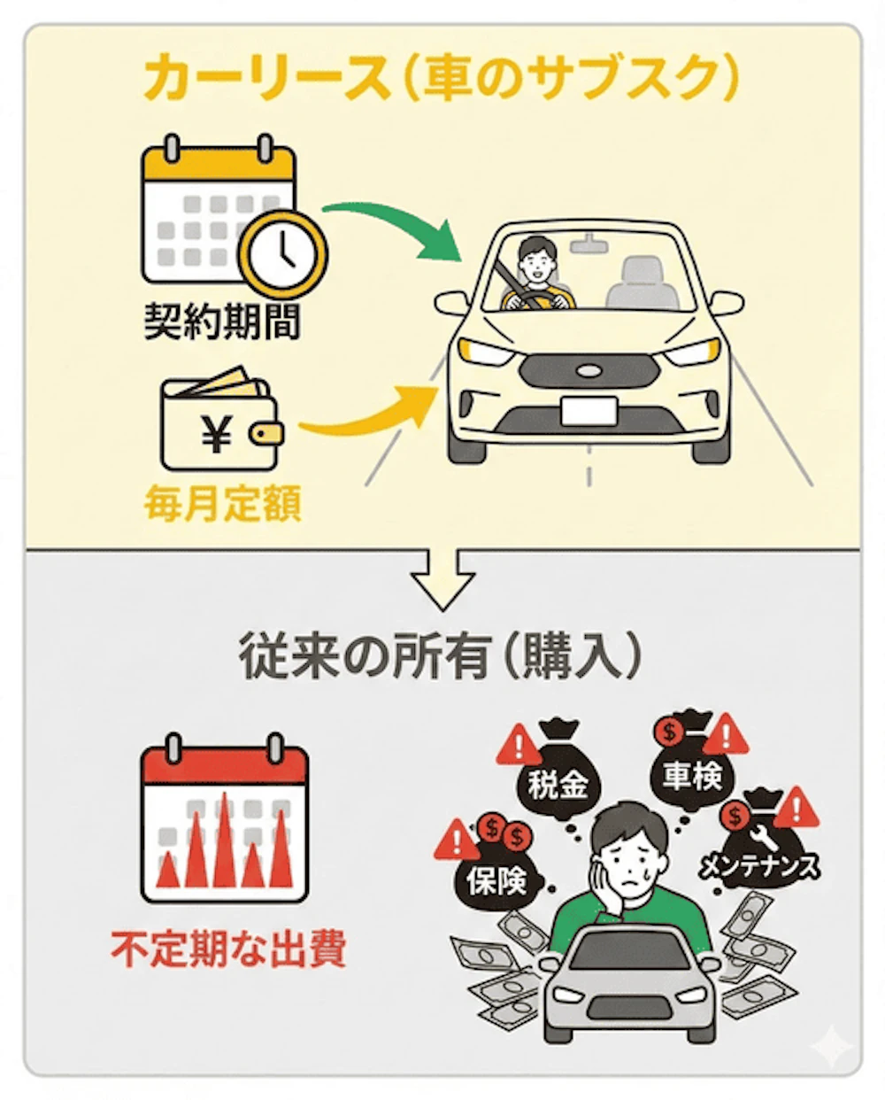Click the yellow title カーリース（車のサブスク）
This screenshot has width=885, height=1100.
(441, 80)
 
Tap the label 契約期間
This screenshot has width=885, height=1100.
(222, 321)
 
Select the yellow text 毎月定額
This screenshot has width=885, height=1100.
(223, 503)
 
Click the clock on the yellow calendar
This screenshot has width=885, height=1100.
(283, 254)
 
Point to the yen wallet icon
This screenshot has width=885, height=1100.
(222, 418)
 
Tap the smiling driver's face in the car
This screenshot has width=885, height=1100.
(536, 260)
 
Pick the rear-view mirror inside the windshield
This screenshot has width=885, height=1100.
(589, 244)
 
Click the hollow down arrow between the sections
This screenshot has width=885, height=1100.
(442, 579)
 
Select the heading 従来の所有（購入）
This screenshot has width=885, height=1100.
(441, 655)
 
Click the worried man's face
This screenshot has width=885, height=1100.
(630, 864)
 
